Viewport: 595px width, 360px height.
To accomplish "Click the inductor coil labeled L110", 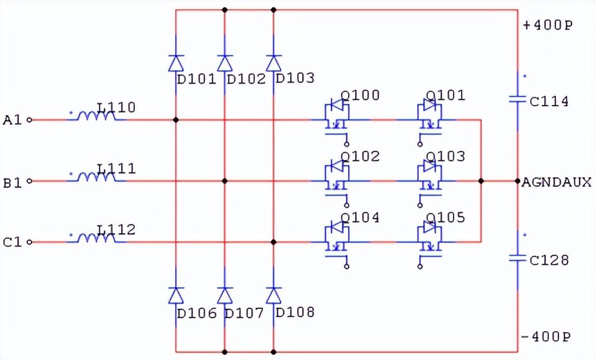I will point(97,117).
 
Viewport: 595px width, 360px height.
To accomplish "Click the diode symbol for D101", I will point(176,63).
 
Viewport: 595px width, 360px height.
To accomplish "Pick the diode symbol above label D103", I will point(274,63).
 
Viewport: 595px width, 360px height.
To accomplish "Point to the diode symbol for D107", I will point(225,295).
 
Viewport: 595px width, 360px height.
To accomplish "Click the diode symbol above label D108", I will point(274,295).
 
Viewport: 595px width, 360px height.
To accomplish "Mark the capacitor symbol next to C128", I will point(517,258).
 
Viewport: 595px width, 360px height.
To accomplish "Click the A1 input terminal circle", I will point(30,120).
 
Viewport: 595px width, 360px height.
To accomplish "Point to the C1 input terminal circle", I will point(30,242).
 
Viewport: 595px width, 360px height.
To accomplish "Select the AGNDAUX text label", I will point(556,182).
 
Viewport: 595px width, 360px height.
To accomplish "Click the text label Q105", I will point(445,218).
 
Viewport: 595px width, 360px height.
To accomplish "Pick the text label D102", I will point(246,78).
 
